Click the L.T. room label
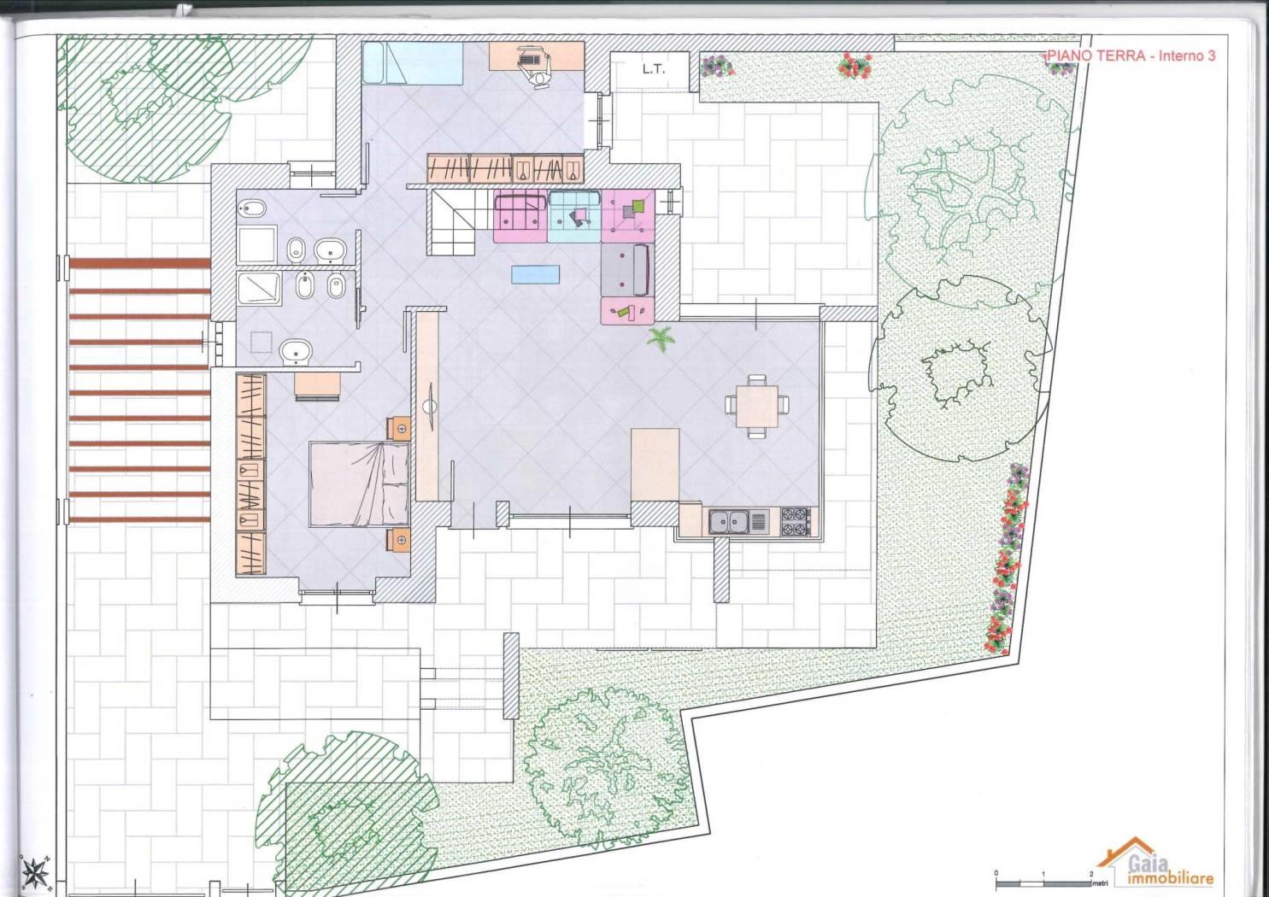click(653, 70)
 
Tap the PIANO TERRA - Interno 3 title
click(1131, 56)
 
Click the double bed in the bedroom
click(359, 484)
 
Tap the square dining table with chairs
click(757, 406)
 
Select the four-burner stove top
click(796, 522)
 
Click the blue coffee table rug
click(535, 274)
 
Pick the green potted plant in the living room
click(661, 338)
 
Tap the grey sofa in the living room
click(628, 270)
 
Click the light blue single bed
click(413, 63)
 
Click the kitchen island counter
click(655, 465)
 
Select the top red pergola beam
click(139, 263)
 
